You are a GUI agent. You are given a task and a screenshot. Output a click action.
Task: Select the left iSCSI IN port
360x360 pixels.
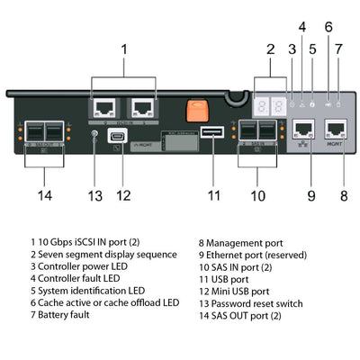103,107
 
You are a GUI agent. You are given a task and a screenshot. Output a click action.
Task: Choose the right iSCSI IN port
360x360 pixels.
141,107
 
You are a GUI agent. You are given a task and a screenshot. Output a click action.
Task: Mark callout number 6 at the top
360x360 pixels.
328,27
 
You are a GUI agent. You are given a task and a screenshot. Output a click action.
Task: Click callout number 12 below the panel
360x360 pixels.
123,193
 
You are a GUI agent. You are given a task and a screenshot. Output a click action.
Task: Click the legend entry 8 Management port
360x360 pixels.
242,243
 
